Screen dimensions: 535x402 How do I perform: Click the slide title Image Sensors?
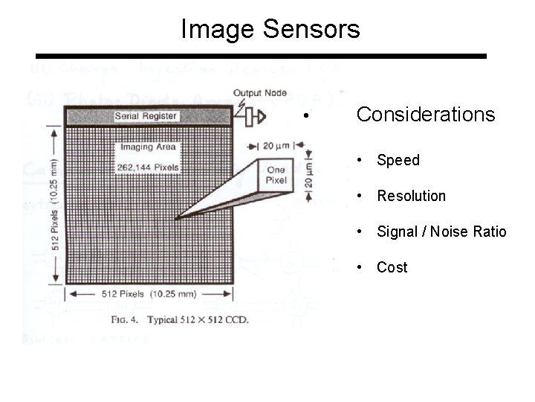click(270, 30)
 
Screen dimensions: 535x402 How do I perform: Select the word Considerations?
click(425, 115)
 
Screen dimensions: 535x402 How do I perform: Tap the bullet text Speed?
click(398, 160)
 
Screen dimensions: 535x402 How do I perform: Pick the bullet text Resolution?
click(411, 196)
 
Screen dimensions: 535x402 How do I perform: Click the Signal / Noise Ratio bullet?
click(441, 232)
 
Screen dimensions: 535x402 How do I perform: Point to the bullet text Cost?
click(392, 267)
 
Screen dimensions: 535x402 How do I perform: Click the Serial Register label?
click(146, 116)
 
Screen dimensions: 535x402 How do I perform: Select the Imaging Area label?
click(146, 147)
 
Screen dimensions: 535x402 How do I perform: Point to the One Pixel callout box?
click(276, 176)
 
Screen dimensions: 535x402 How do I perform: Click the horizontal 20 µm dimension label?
click(277, 144)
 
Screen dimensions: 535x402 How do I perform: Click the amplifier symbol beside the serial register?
click(258, 115)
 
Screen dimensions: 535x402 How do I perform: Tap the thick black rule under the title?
click(262, 57)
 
